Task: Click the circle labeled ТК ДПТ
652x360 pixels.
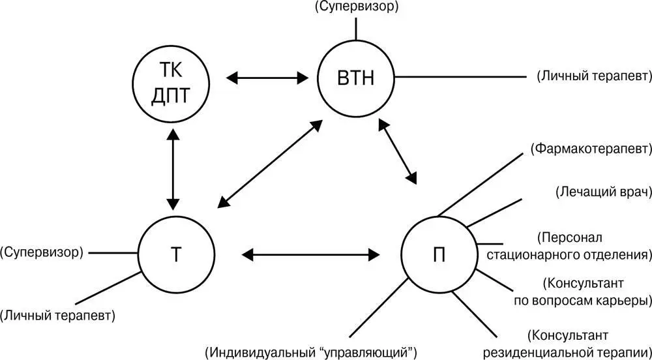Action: pyautogui.click(x=171, y=85)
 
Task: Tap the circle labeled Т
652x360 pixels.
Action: pyautogui.click(x=176, y=254)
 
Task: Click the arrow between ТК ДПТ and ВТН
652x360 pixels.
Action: pyautogui.click(x=267, y=78)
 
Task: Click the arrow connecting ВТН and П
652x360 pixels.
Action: pyautogui.click(x=397, y=151)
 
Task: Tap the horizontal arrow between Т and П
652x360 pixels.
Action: pyautogui.click(x=310, y=252)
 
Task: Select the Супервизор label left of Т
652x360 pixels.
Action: pyautogui.click(x=42, y=252)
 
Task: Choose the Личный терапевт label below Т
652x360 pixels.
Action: pyautogui.click(x=57, y=316)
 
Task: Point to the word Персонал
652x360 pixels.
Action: pyautogui.click(x=572, y=237)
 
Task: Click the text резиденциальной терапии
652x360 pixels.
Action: pyautogui.click(x=567, y=353)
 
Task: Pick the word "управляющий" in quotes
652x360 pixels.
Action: pyautogui.click(x=369, y=353)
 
